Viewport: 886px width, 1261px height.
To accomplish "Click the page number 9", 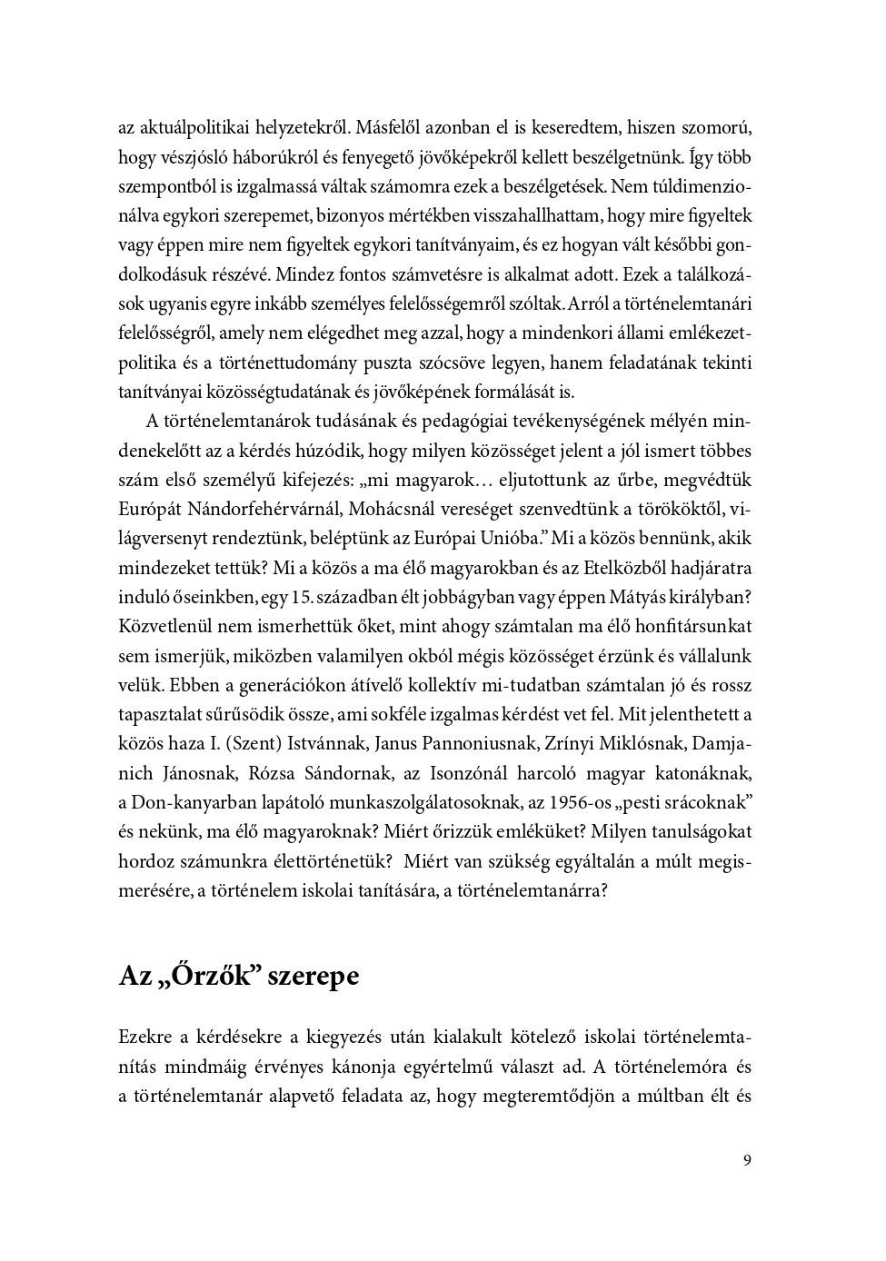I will point(747,1160).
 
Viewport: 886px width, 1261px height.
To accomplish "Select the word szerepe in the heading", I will point(316,977).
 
